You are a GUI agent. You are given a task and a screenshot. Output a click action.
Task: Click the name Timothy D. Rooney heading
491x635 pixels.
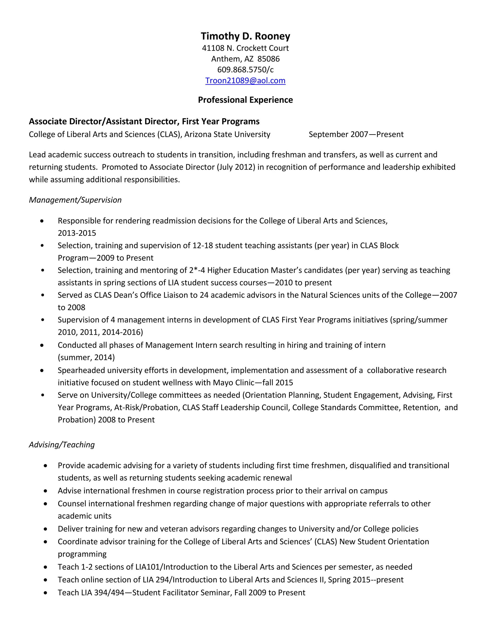(245, 36)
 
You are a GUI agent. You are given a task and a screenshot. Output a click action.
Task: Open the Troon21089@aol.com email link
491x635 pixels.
(245, 81)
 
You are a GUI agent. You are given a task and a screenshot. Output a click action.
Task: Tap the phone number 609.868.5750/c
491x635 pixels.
(245, 70)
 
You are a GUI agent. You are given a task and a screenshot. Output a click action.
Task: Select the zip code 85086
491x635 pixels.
(268, 59)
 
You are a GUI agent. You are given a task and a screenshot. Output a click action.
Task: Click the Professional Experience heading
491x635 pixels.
(245, 100)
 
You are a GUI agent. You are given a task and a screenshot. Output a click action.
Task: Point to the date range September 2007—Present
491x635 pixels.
(356, 134)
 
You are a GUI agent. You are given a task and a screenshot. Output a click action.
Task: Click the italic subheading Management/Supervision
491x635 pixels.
(75, 200)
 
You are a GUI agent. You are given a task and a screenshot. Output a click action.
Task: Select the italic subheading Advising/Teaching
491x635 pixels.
(62, 444)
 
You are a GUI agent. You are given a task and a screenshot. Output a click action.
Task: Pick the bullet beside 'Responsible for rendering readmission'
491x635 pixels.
(42, 221)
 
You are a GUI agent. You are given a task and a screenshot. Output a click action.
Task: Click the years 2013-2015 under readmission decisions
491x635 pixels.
(77, 233)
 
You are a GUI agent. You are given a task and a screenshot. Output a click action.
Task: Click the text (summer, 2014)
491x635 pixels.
(86, 357)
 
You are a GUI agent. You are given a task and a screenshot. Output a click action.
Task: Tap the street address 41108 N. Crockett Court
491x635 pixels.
(245, 48)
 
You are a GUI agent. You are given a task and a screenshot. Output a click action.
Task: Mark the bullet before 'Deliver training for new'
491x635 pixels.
(45, 529)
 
